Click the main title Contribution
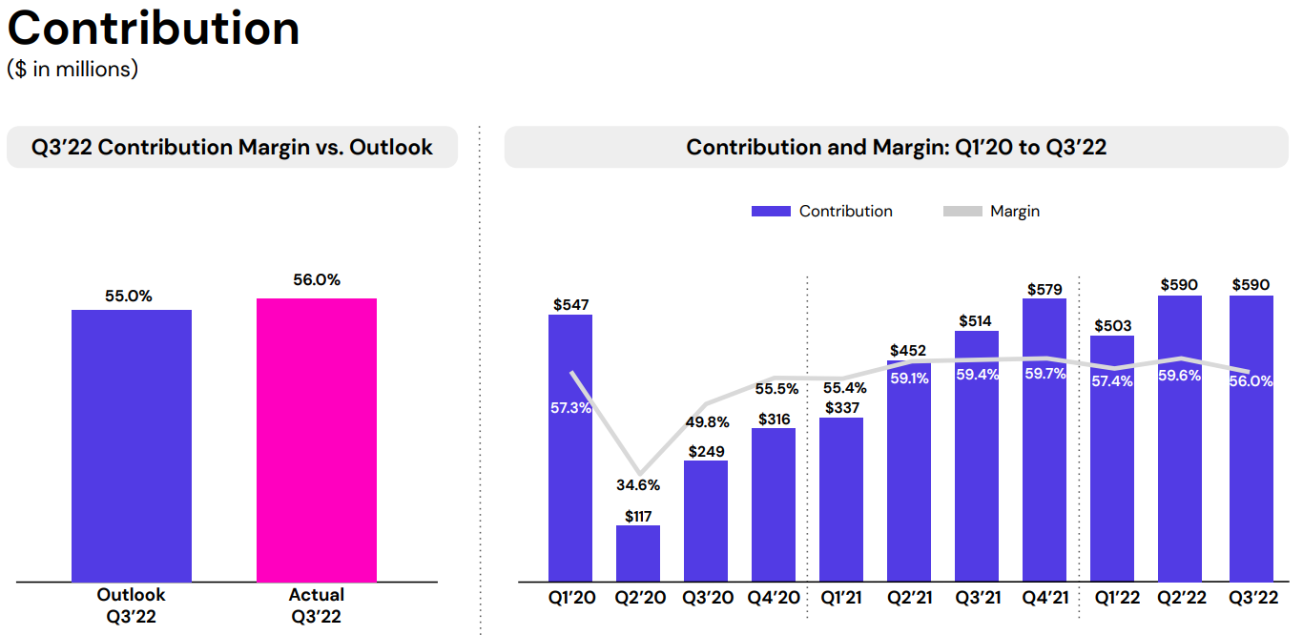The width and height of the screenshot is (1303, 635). click(x=154, y=29)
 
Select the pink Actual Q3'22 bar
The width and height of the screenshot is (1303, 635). click(x=317, y=439)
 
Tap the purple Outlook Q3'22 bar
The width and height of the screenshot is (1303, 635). click(x=132, y=444)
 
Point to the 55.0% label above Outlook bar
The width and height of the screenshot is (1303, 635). click(x=129, y=297)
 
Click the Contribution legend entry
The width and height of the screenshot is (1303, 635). click(x=822, y=212)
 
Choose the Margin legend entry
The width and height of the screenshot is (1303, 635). click(x=992, y=212)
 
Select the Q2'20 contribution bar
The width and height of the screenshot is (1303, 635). click(x=638, y=553)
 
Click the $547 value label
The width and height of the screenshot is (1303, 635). click(x=570, y=305)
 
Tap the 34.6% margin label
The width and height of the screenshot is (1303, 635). click(x=638, y=485)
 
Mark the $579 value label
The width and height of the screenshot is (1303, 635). click(x=1045, y=289)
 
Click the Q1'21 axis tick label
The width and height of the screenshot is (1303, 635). click(x=841, y=598)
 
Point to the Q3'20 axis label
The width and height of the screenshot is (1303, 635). click(x=706, y=598)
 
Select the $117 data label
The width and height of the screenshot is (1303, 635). click(x=638, y=516)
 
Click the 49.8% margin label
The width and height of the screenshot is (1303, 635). click(x=706, y=422)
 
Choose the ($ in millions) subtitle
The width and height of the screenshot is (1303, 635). click(x=72, y=70)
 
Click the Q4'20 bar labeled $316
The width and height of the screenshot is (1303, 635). click(x=774, y=505)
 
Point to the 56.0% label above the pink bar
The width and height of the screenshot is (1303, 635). click(x=317, y=280)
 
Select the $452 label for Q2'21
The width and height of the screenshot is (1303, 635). click(x=908, y=351)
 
